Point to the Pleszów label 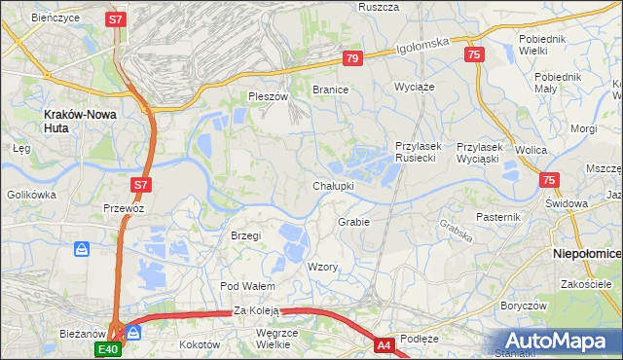pos(269,96)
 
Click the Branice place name pos(330,89)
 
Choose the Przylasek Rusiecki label pos(419,152)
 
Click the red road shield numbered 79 pos(352,59)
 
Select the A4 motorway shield pos(384,344)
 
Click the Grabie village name pos(354,222)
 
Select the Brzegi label pos(246,235)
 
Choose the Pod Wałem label pos(248,286)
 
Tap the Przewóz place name pos(124,208)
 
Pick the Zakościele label pos(585,283)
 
